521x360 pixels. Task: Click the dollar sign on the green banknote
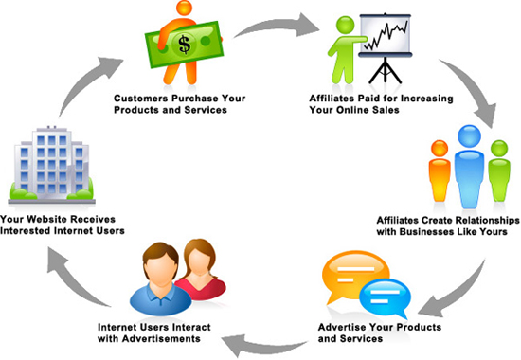(185, 45)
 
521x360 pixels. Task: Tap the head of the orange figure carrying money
(185, 7)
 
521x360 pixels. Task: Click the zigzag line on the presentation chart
(386, 34)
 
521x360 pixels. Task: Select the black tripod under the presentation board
(386, 70)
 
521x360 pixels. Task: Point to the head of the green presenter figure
(346, 25)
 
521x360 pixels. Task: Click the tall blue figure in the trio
(469, 166)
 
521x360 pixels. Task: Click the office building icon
(52, 165)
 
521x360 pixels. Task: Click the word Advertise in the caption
(342, 327)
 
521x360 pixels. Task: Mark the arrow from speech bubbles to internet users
(262, 347)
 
